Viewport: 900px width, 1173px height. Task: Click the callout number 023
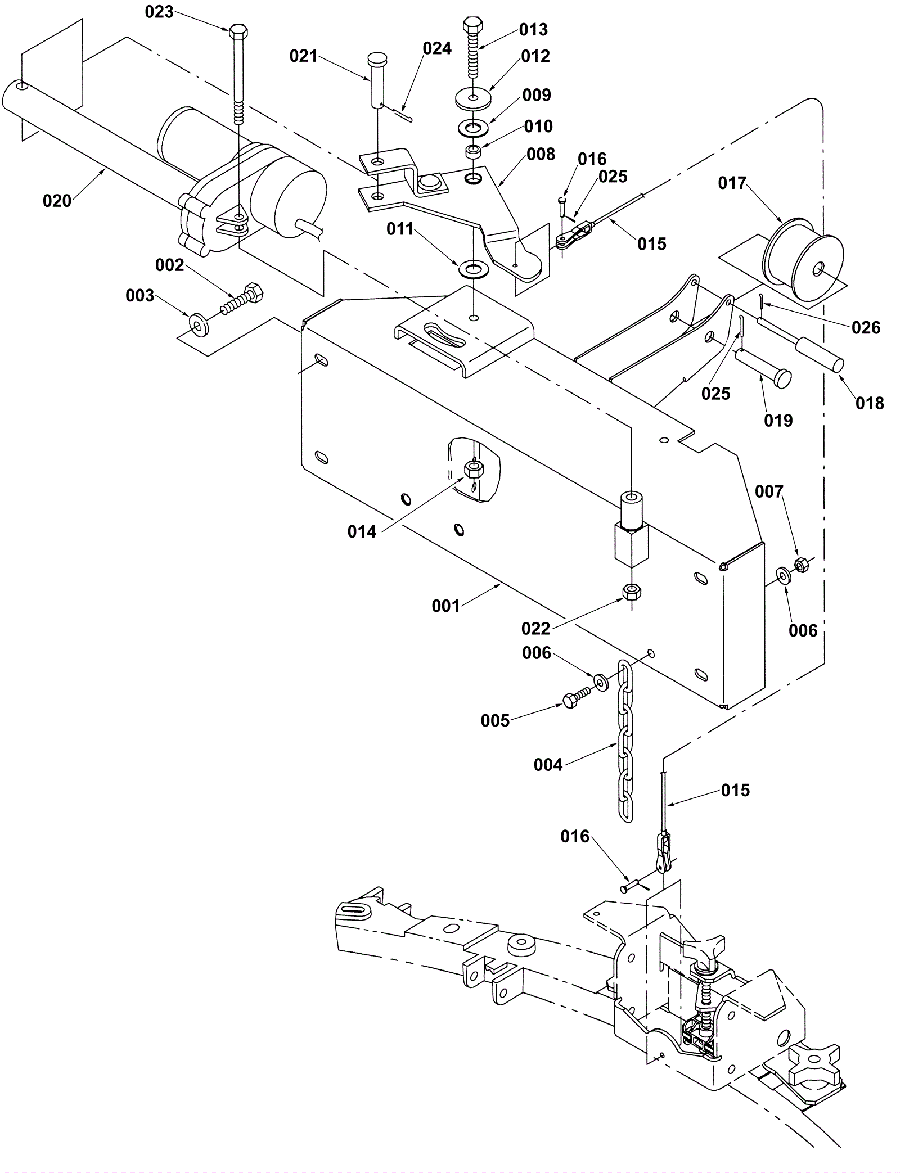click(159, 12)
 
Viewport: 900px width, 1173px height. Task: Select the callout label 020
click(57, 201)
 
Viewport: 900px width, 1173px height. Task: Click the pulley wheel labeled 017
click(804, 259)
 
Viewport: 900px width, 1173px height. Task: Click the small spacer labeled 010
click(474, 152)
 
